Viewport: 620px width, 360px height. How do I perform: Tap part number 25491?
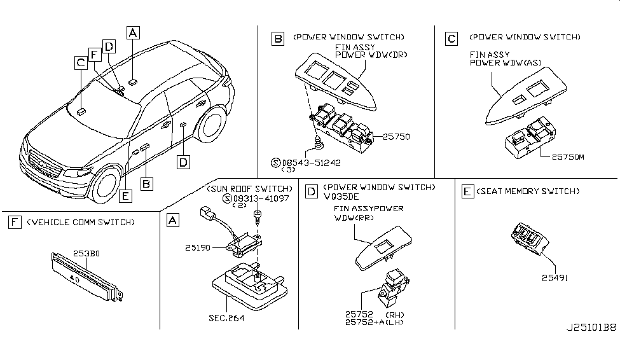point(555,277)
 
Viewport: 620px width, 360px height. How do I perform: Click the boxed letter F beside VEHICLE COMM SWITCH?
point(13,222)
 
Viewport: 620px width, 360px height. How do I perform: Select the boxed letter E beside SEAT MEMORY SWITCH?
point(465,191)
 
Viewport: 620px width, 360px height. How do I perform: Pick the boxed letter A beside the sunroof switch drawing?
point(171,220)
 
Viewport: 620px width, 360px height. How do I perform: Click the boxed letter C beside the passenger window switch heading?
point(451,39)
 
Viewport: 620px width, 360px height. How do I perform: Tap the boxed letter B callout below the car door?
point(146,184)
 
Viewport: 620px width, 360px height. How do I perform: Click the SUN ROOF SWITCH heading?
point(240,189)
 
